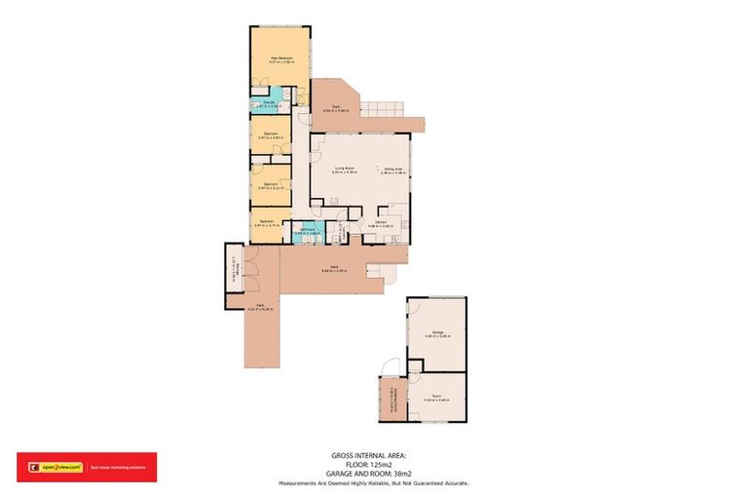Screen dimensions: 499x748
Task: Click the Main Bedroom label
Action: point(282,60)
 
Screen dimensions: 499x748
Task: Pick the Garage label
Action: point(436,334)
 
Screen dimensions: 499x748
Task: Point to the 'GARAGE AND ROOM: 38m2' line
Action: point(374,475)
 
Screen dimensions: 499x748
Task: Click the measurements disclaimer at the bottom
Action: point(374,483)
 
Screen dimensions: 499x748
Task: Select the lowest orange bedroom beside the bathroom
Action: point(268,223)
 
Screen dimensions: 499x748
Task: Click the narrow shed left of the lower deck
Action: point(235,275)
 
